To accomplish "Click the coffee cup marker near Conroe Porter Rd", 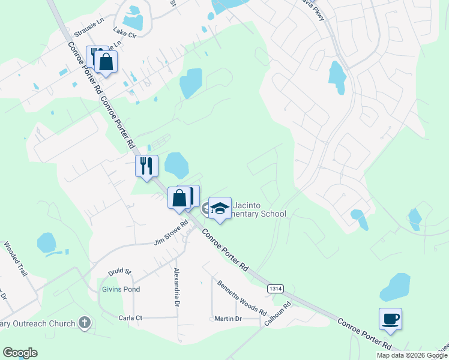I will point(390,319).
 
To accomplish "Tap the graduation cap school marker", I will point(220,208).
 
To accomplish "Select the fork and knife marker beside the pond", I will point(146,166).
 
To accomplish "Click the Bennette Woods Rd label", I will point(242,298).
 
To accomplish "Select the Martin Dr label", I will point(228,319).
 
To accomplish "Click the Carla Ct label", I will point(130,317).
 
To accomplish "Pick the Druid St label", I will point(119,272).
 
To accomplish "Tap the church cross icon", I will point(85,323).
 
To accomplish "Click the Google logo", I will point(20,353).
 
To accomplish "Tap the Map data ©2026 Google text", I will point(412,355).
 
